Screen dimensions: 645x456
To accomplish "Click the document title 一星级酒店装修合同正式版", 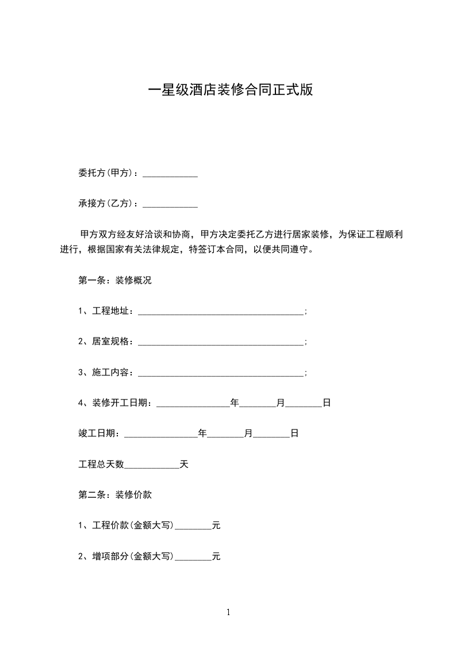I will [x=231, y=91].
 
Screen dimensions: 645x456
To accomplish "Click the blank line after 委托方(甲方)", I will [x=170, y=174].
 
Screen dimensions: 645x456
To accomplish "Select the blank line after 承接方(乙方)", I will [x=170, y=204].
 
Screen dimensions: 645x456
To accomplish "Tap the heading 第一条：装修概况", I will [x=115, y=281].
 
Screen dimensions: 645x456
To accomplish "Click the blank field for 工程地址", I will [x=221, y=312].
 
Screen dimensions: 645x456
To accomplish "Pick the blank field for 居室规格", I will [x=221, y=342].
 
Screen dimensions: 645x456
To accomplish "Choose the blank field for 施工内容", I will [x=221, y=373].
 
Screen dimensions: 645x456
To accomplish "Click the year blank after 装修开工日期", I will [x=193, y=404].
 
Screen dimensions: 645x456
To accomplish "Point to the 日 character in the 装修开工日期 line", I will [x=326, y=404].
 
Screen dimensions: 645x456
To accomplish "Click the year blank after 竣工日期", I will [x=161, y=434].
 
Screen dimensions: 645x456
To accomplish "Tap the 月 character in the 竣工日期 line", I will [x=248, y=434].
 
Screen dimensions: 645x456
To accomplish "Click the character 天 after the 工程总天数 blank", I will [x=184, y=464].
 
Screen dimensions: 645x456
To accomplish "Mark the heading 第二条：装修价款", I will [x=115, y=494].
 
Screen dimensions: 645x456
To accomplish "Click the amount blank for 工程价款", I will [x=193, y=525].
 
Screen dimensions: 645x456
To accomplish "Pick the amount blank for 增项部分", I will [x=193, y=556].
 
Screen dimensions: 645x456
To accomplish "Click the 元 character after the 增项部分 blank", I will [x=216, y=556].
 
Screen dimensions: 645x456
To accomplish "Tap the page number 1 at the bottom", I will [x=228, y=612].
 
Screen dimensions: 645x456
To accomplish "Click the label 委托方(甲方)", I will [x=106, y=173].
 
